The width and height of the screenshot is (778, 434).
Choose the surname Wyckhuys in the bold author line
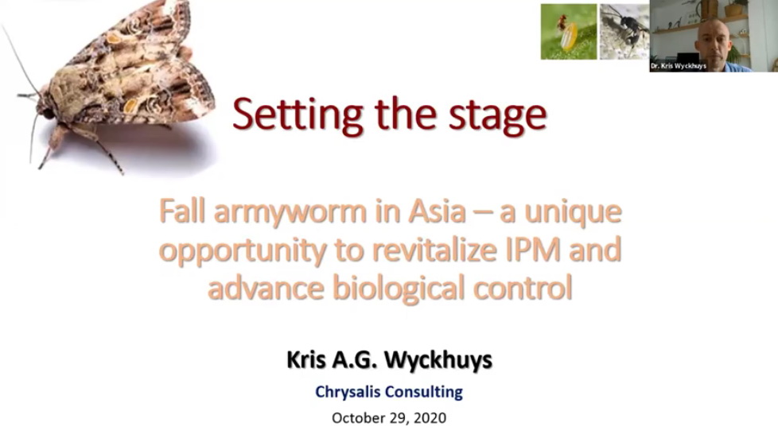pos(438,360)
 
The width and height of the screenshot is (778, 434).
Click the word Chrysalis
pos(348,392)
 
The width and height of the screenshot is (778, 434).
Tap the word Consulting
pos(423,392)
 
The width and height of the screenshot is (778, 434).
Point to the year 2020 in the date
pos(430,417)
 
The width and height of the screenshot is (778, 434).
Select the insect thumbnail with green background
pos(569,32)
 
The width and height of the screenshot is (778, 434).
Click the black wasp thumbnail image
pos(624,32)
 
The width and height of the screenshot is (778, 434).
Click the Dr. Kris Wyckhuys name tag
pos(678,66)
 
